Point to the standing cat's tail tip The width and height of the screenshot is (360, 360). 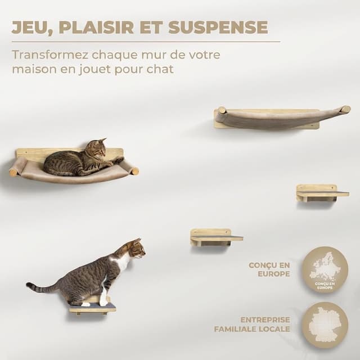tap(29, 286)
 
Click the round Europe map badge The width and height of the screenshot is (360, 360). tap(325, 269)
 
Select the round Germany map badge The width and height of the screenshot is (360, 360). tap(325, 325)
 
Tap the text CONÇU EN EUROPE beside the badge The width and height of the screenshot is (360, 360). tap(269, 269)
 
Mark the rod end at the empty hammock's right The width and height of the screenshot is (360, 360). tap(345, 109)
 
